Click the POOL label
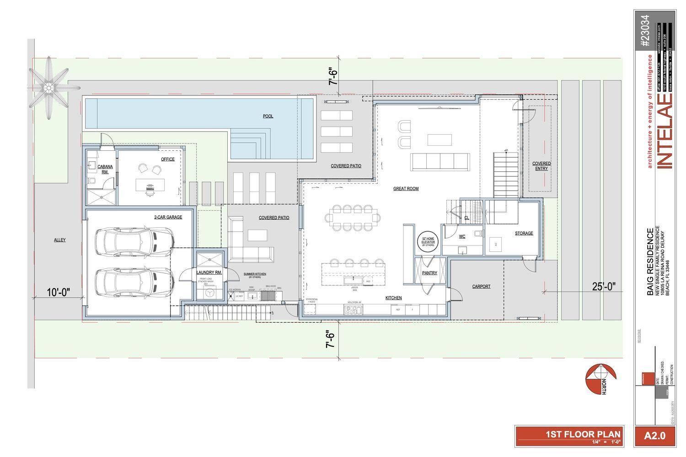click(268, 116)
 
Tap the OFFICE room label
click(167, 159)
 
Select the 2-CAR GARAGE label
click(168, 217)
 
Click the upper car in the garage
click(134, 242)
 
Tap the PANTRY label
click(429, 273)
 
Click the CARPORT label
click(481, 287)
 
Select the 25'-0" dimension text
click(604, 287)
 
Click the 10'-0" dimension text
click(59, 292)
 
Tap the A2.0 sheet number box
click(654, 436)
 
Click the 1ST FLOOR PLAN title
click(583, 434)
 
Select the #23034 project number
click(644, 31)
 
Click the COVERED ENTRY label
click(541, 166)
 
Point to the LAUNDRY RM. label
click(209, 272)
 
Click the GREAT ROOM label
click(406, 188)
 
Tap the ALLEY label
click(60, 240)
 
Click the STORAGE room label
click(524, 233)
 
